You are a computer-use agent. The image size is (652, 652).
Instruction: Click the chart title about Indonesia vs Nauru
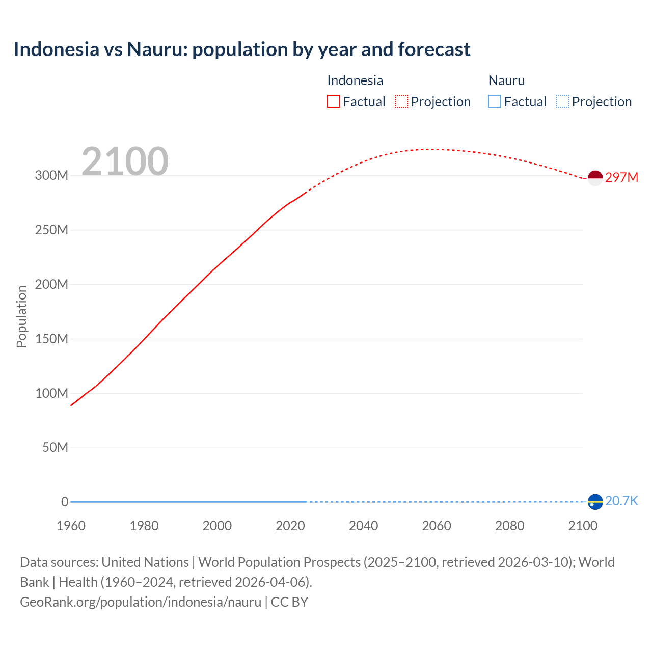coord(242,49)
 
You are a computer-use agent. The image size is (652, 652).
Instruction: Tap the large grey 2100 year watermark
coord(125,161)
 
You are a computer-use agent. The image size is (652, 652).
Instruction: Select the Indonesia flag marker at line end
coord(595,178)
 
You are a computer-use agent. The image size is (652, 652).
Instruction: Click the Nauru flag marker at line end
coord(595,502)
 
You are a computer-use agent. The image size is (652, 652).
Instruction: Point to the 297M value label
coord(621,177)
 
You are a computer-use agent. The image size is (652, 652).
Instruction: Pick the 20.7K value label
coord(621,501)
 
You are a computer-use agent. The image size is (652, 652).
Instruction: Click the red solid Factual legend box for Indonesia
coord(334,102)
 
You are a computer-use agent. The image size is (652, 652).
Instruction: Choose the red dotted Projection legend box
coord(401,102)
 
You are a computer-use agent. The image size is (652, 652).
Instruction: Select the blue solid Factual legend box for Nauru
coord(495,102)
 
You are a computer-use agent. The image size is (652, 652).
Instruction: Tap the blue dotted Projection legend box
coord(563,102)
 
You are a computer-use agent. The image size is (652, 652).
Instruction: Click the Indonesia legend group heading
coord(355,80)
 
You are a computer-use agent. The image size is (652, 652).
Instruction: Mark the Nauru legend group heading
coord(506,80)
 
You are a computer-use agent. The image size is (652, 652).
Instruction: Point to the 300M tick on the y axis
coord(51,176)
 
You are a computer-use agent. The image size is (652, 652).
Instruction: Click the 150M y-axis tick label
coord(51,339)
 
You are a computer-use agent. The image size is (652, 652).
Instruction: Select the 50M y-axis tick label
coord(55,448)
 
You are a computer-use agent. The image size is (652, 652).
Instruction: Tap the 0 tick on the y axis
coord(65,502)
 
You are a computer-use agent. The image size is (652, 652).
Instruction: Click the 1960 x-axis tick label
coord(71,526)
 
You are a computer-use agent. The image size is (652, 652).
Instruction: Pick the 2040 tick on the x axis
coord(363,526)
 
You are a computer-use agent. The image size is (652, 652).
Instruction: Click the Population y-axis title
coord(21,316)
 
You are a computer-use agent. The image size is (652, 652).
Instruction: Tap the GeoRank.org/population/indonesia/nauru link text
coord(141,602)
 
